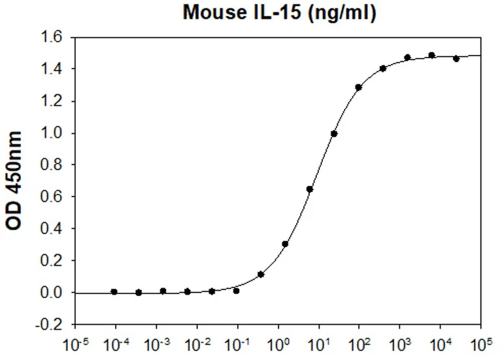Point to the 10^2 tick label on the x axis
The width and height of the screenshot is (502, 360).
coord(359,342)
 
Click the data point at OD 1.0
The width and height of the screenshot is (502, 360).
coord(334,133)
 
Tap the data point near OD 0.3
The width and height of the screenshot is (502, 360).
coord(285,244)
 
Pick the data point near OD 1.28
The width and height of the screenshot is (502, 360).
coord(358,87)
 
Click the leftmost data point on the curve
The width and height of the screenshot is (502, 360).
coord(114,291)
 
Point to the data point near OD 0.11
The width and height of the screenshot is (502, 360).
coord(261,274)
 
